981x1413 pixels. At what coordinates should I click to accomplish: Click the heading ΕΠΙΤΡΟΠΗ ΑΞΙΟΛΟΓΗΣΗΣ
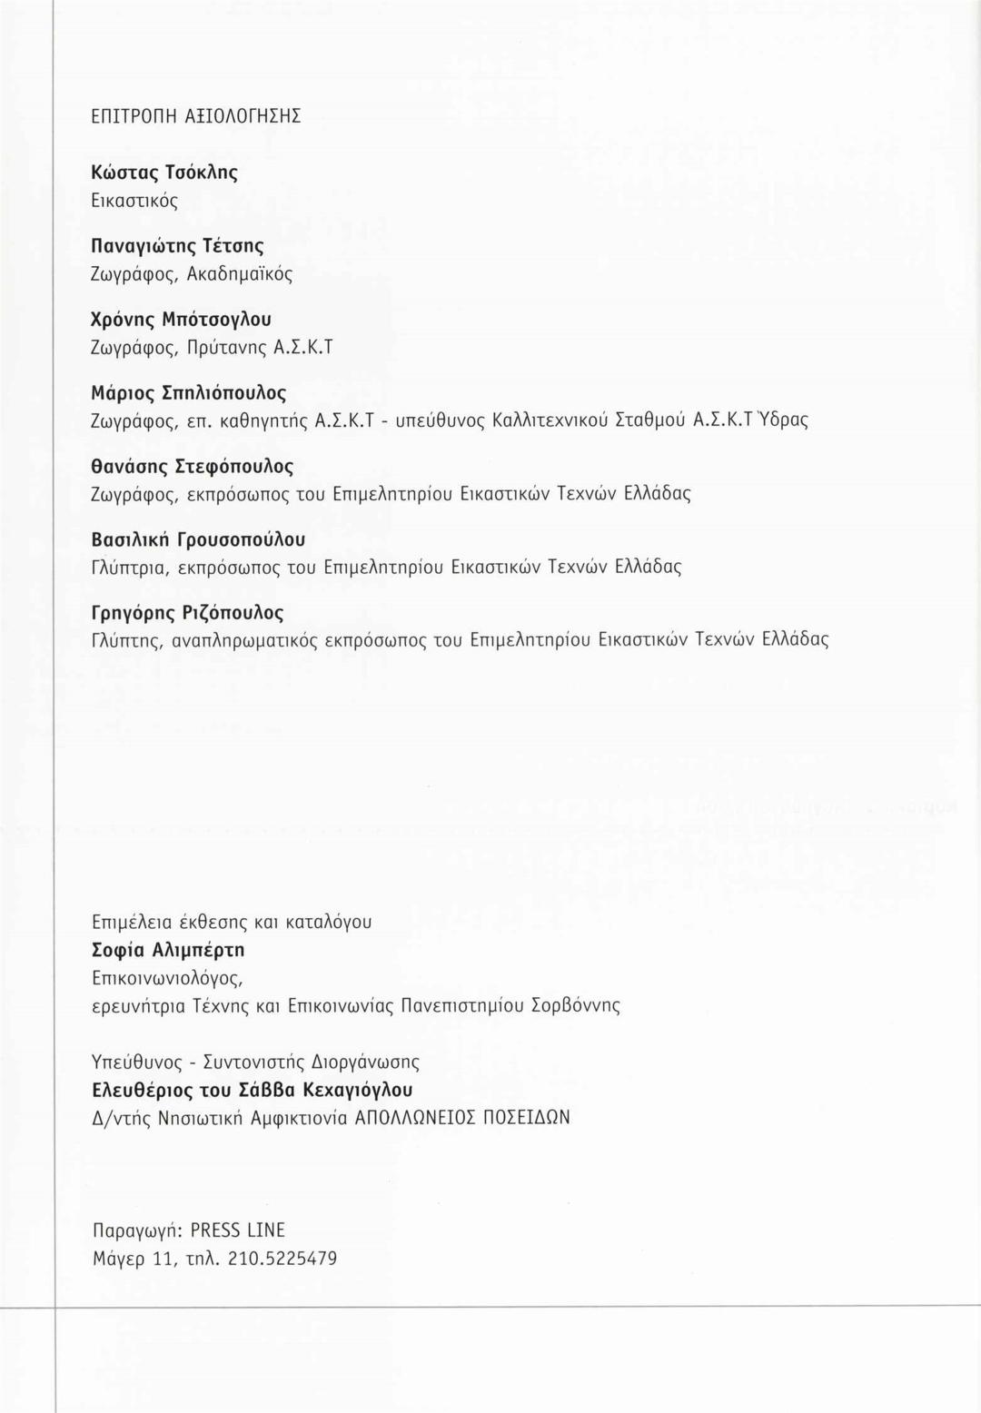(196, 116)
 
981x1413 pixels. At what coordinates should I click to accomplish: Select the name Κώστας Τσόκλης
(164, 173)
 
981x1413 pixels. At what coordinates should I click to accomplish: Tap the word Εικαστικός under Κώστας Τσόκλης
(134, 201)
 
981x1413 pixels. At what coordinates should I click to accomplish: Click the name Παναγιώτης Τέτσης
(178, 246)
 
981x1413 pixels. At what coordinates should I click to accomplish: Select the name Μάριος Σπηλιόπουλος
(189, 393)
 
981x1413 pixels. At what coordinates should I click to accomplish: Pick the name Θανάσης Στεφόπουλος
(193, 467)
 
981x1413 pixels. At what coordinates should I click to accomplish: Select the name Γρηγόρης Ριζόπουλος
(188, 613)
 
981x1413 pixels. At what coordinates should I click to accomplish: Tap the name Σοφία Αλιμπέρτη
(169, 950)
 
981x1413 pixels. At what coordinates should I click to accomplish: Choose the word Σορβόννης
(577, 1006)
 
